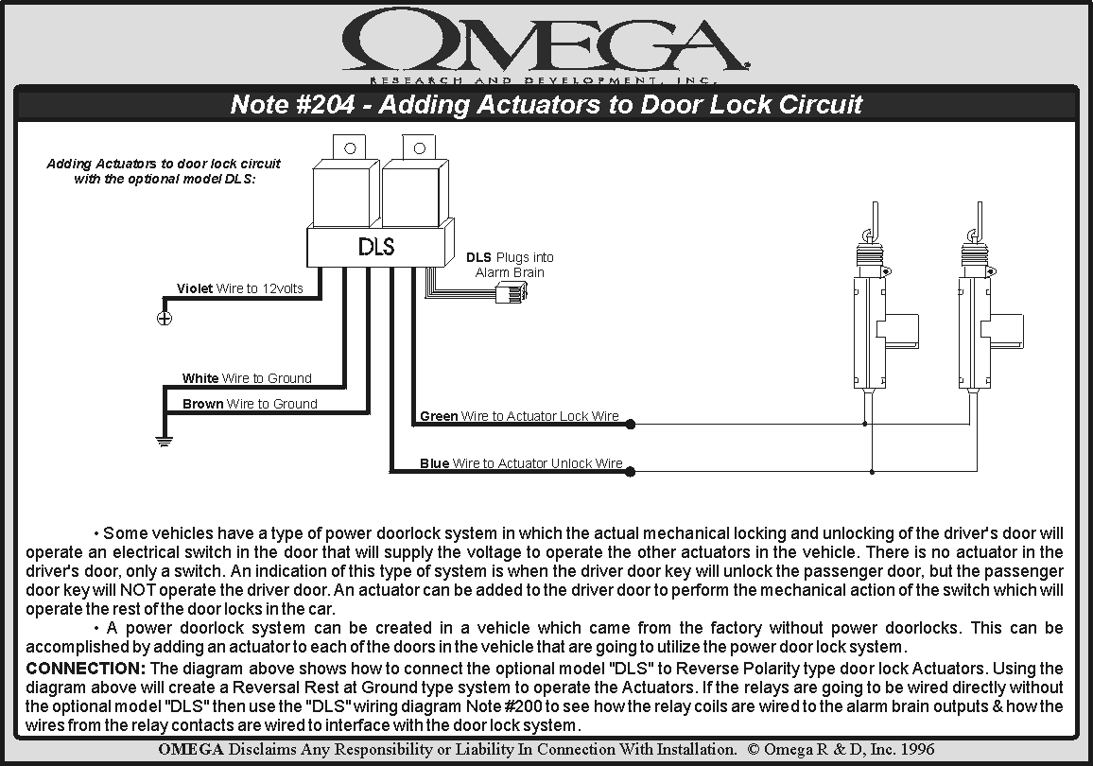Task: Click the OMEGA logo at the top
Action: pos(546,44)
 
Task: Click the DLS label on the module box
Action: pos(376,247)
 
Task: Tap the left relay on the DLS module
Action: pos(346,190)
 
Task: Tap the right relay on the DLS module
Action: pos(412,190)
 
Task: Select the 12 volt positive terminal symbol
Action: pos(164,318)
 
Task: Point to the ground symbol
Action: pos(164,440)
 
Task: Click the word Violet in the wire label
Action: pos(195,288)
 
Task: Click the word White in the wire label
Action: pos(200,378)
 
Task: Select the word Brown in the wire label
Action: pos(203,404)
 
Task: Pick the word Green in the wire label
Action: pos(439,416)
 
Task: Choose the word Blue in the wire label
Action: pos(435,463)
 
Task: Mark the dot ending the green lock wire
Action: pos(631,425)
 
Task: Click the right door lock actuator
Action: pos(976,322)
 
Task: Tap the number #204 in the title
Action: pos(323,104)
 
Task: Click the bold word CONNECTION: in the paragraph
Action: pos(85,669)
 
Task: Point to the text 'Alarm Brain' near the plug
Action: pos(510,272)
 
